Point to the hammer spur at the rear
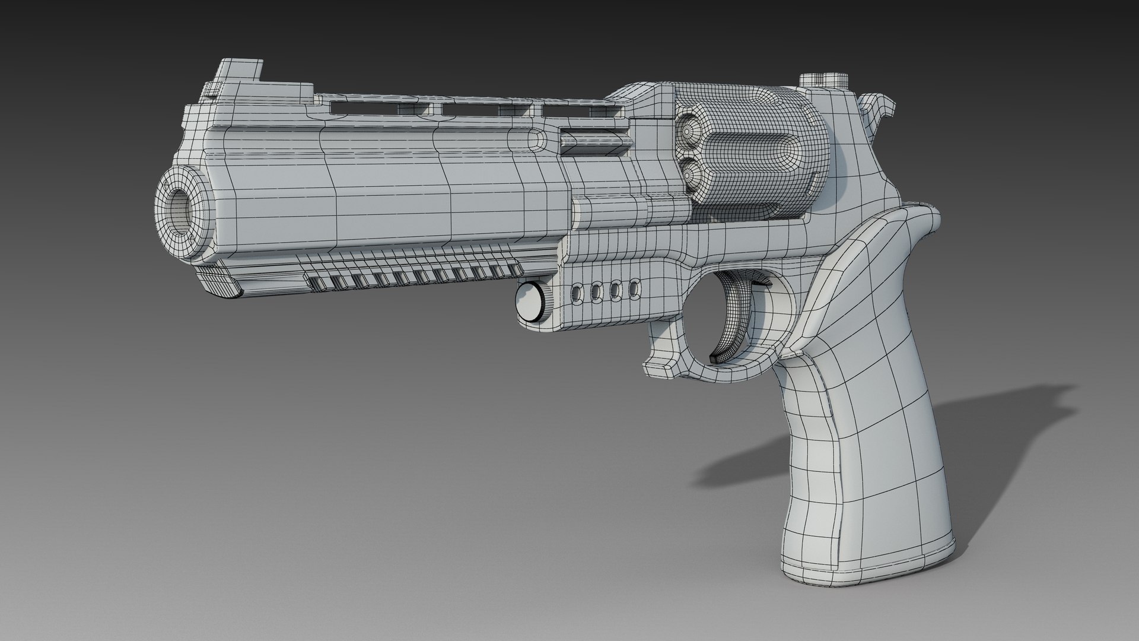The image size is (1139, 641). (877, 107)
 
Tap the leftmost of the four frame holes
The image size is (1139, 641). (576, 291)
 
